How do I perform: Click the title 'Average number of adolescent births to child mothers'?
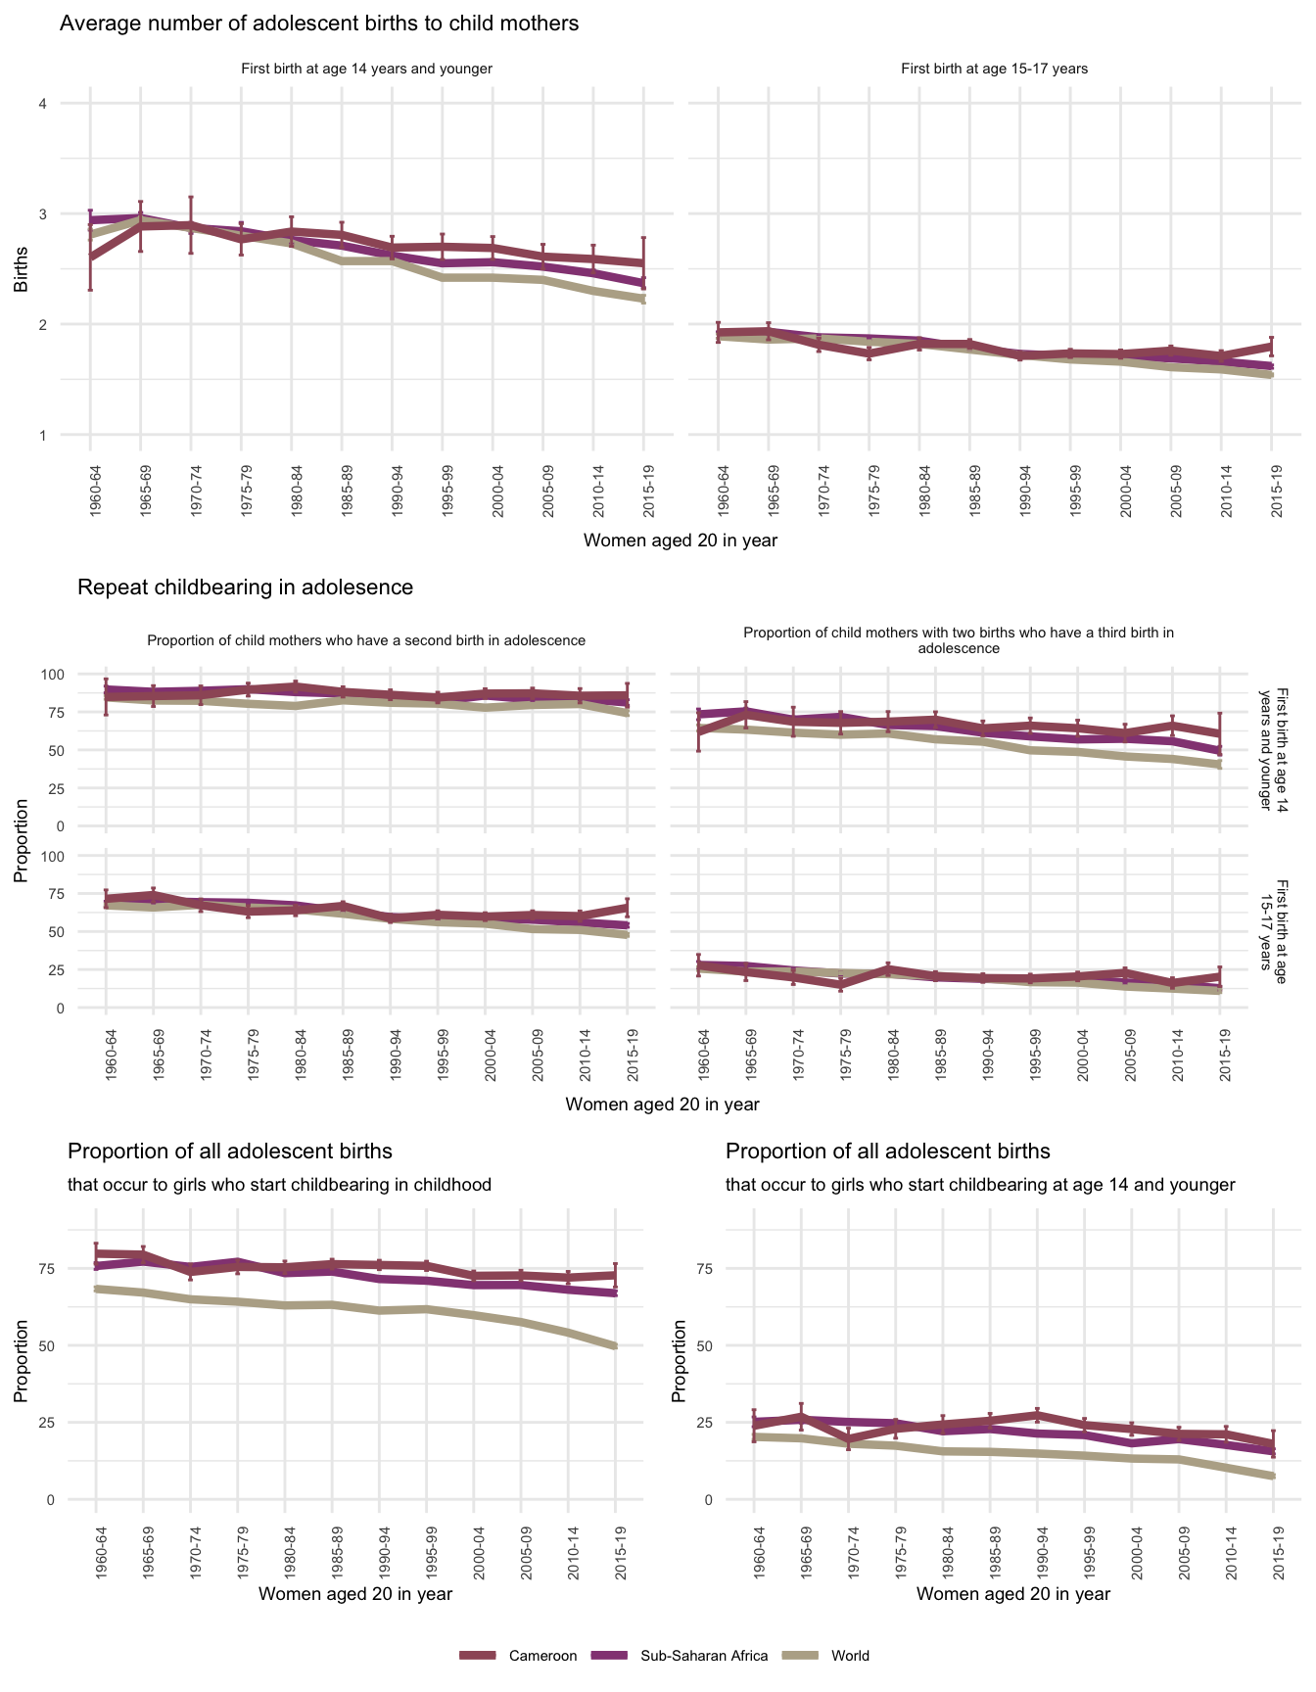pos(319,23)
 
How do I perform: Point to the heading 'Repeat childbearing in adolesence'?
pos(245,587)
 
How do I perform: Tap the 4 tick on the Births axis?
pos(43,104)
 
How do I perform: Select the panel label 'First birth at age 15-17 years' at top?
pos(994,69)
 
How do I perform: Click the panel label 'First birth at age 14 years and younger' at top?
pos(366,69)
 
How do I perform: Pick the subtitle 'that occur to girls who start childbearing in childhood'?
pos(279,1185)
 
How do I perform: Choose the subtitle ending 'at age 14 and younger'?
pos(980,1185)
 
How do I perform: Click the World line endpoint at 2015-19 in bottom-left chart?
pos(616,1346)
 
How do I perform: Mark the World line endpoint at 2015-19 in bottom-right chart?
pos(1274,1476)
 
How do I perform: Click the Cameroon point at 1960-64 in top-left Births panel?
pos(90,257)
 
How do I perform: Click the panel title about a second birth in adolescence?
pos(366,640)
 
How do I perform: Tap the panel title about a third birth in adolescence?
pos(959,640)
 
